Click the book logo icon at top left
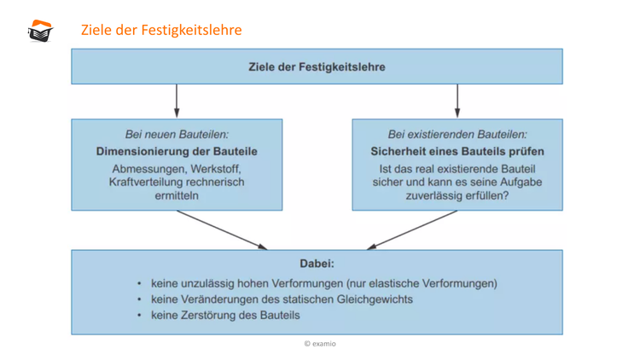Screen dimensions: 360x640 (40, 31)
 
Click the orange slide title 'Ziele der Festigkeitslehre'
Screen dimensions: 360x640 (161, 31)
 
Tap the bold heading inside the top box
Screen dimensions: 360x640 (317, 67)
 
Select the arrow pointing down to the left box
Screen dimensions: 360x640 (177, 100)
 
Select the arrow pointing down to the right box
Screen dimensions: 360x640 (457, 100)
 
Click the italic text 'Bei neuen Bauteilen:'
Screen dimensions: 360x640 (177, 135)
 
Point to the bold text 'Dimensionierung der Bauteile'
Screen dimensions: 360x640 (177, 151)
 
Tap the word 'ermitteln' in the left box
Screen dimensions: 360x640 (177, 195)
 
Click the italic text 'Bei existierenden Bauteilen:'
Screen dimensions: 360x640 (457, 135)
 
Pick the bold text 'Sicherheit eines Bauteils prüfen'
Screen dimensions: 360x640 (457, 151)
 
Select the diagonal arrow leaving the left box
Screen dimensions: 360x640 (222, 229)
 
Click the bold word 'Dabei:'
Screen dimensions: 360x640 (317, 264)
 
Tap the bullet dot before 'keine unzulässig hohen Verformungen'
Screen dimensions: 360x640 (139, 283)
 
